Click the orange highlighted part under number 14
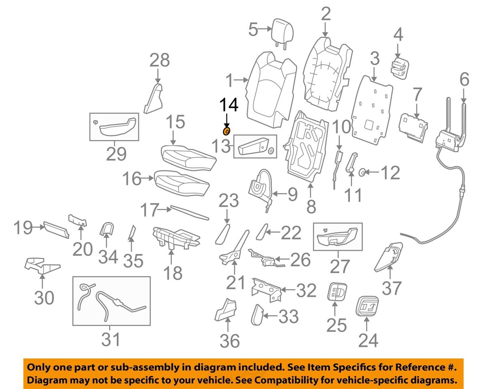click(226, 131)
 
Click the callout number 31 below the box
click(111, 339)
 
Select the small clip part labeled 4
click(399, 67)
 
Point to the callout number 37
click(392, 288)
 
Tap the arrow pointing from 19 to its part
click(38, 228)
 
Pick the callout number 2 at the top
click(325, 15)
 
